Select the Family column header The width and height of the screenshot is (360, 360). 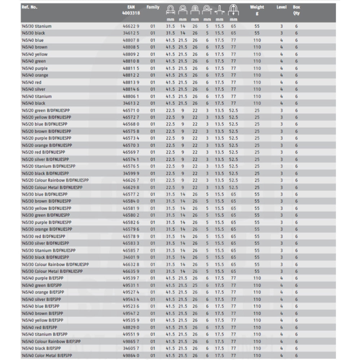coord(153,7)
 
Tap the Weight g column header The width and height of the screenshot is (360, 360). coord(257,10)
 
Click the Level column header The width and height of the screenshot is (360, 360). coord(281,7)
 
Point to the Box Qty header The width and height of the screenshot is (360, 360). coord(296,10)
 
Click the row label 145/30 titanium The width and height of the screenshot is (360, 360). coord(36,26)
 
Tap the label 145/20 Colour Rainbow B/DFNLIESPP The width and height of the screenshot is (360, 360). coord(55,180)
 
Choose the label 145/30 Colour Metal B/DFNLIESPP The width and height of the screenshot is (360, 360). coord(52,271)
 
